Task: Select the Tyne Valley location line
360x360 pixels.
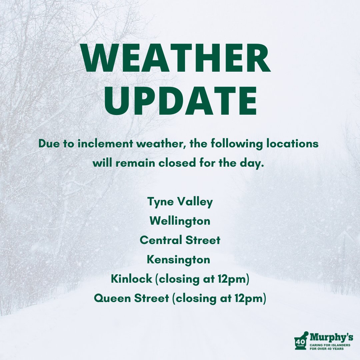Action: pyautogui.click(x=180, y=202)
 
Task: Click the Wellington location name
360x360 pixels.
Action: pyautogui.click(x=180, y=221)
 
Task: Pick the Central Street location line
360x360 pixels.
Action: pyautogui.click(x=180, y=240)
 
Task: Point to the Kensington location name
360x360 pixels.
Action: pyautogui.click(x=179, y=259)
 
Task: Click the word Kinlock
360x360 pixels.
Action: pyautogui.click(x=131, y=279)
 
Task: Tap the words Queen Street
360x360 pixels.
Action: pyautogui.click(x=131, y=298)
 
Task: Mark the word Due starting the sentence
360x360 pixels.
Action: pyautogui.click(x=46, y=144)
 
